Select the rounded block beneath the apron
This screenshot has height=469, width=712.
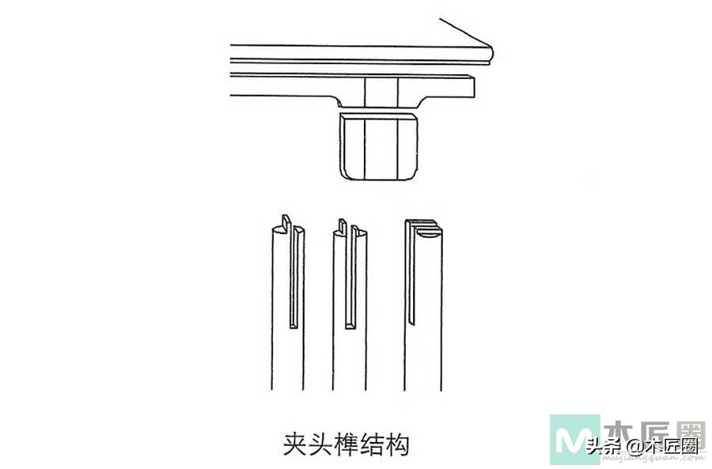pyautogui.click(x=379, y=146)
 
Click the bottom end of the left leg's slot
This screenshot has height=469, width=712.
pyautogui.click(x=295, y=323)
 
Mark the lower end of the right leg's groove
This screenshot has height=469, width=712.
pyautogui.click(x=411, y=321)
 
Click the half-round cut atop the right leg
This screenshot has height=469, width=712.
pyautogui.click(x=429, y=233)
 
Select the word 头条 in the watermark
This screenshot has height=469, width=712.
pyautogui.click(x=604, y=447)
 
